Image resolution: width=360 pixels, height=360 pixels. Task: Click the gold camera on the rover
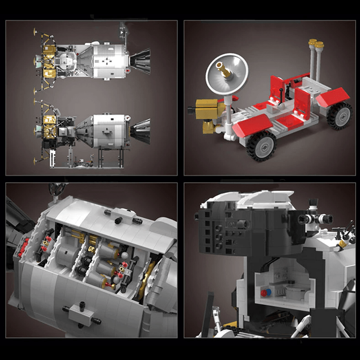208,110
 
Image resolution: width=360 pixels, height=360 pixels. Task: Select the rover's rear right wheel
340,116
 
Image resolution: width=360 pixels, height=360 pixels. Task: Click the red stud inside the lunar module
263,293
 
